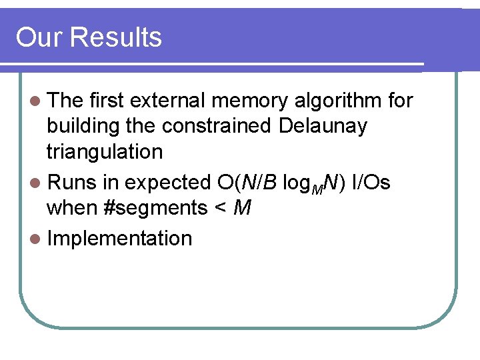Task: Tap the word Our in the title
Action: (x=39, y=37)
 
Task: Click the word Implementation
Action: (x=119, y=239)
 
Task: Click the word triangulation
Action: (x=104, y=152)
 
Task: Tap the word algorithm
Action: (x=337, y=101)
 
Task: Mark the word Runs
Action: (x=73, y=182)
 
